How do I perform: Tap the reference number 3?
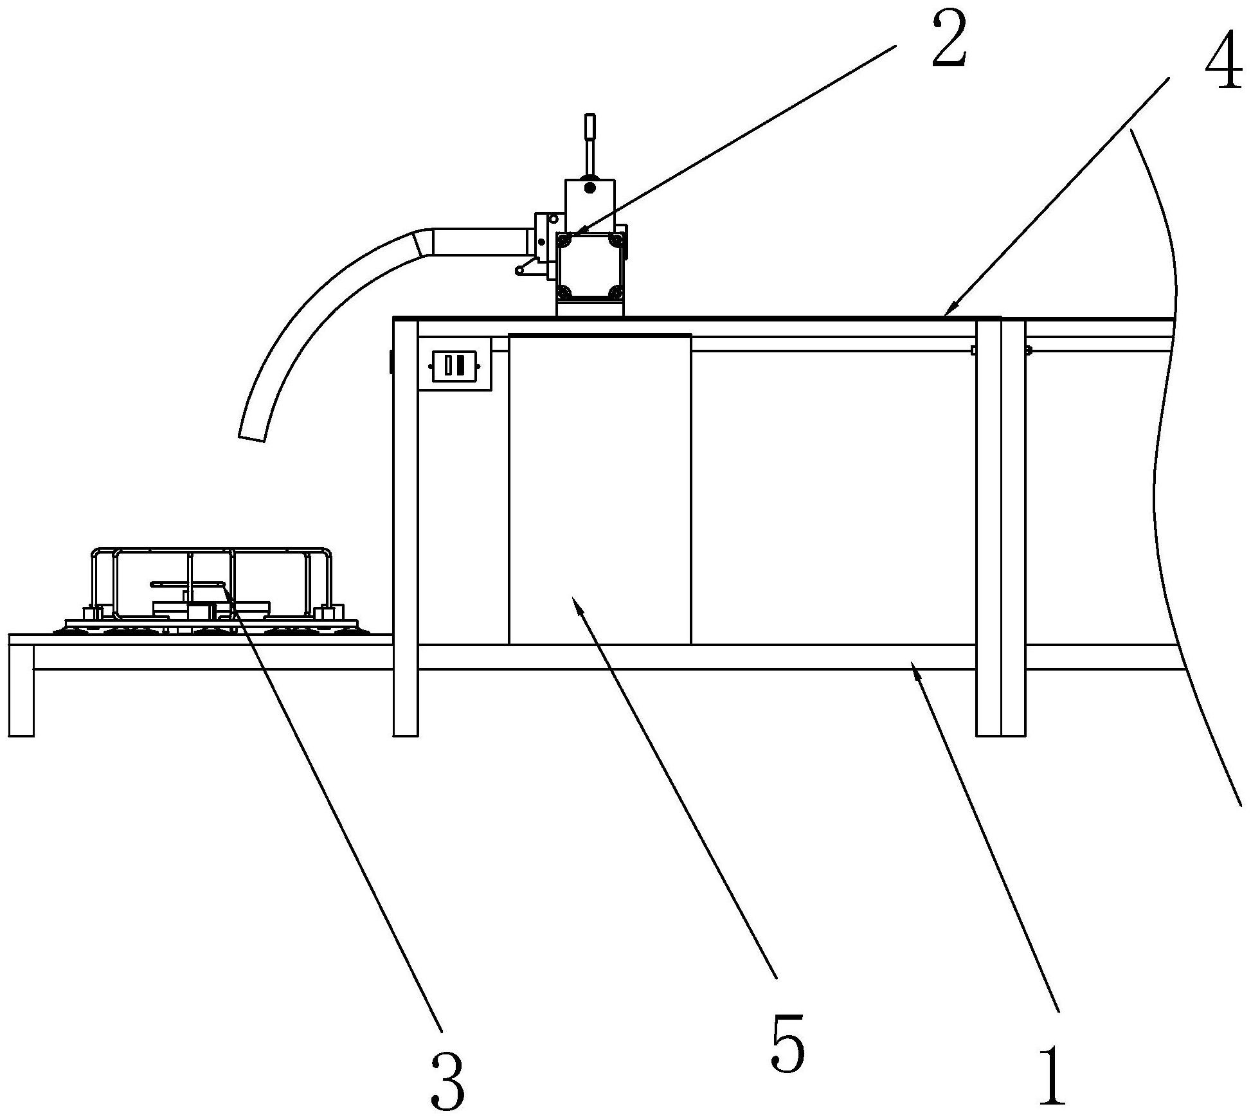447,1078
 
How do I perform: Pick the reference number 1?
1052,1074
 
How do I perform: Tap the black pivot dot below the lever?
589,186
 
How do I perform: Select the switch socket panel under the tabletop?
455,365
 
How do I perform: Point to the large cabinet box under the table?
599,489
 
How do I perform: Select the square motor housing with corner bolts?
590,267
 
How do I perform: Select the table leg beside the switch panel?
405,527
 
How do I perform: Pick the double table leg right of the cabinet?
1000,527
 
